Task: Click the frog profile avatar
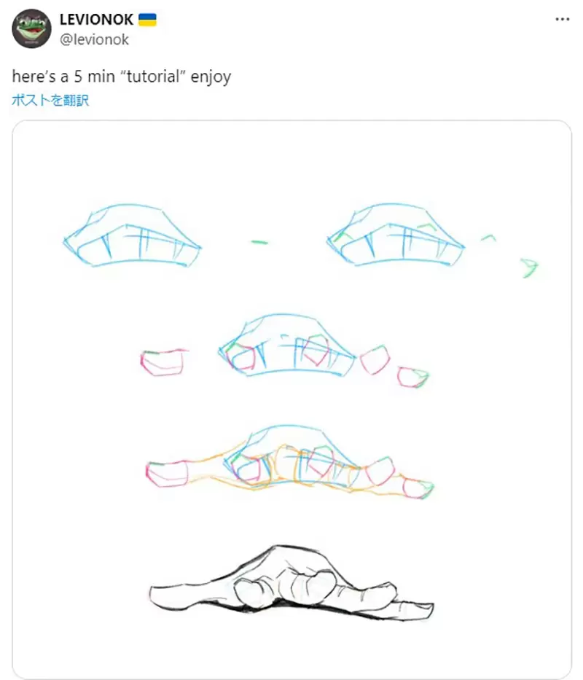[x=31, y=28]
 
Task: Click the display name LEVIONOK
[x=96, y=20]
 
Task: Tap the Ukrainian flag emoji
[x=147, y=20]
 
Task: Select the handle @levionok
[x=94, y=40]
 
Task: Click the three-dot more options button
[x=562, y=19]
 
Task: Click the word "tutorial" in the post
[x=152, y=77]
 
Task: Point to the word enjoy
[x=211, y=77]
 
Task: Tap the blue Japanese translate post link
[x=50, y=100]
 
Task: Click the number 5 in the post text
[x=78, y=77]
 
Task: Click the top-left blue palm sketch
[x=133, y=235]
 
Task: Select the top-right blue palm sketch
[x=395, y=235]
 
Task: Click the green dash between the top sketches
[x=259, y=242]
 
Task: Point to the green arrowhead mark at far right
[x=530, y=267]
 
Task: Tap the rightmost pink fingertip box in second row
[x=413, y=376]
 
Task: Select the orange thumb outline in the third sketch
[x=191, y=472]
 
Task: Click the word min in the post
[x=101, y=77]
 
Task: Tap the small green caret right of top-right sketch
[x=488, y=238]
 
